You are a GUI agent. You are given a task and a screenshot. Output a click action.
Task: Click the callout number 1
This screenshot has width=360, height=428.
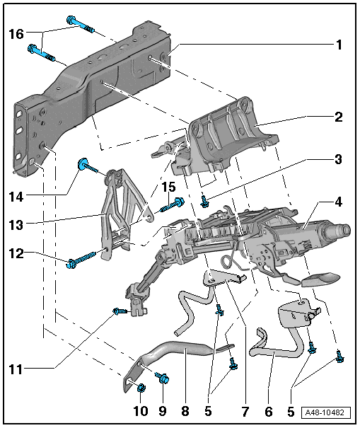tap(339, 45)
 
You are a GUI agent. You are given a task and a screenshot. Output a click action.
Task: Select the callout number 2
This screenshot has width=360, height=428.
tap(339, 117)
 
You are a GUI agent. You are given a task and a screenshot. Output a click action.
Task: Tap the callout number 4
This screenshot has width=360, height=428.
tap(339, 202)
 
